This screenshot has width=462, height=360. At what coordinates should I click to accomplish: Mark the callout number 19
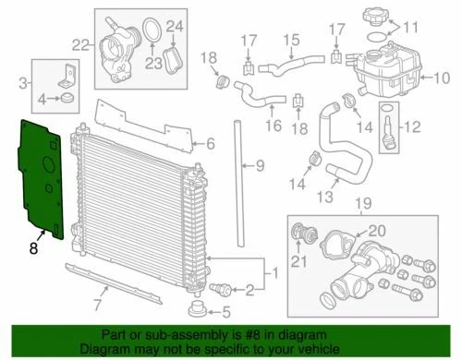tap(364, 202)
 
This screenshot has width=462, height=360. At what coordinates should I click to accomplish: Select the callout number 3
tap(23, 84)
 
